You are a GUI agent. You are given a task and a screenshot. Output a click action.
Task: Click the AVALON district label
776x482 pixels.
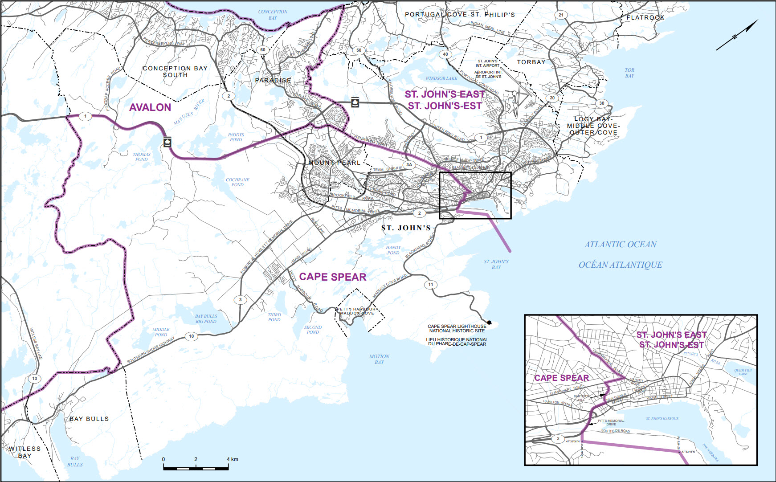(150, 107)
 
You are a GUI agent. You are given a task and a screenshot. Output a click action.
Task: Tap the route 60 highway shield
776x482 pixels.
(263, 50)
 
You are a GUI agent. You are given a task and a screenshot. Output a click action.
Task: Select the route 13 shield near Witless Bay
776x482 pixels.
(34, 379)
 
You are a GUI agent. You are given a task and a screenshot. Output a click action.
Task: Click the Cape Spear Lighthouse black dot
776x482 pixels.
(489, 323)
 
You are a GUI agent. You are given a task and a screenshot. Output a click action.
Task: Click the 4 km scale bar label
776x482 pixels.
(232, 459)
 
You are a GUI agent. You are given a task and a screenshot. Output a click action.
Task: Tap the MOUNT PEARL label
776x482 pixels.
(334, 163)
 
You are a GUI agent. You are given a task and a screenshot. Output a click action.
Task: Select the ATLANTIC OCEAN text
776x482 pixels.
(621, 245)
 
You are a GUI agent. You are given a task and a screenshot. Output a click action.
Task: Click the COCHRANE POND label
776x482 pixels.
(237, 182)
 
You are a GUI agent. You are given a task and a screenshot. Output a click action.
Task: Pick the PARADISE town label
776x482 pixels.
(273, 81)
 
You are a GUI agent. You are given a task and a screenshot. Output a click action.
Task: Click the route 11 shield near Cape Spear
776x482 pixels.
(430, 284)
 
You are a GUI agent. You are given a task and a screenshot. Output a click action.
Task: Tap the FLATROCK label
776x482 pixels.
(645, 18)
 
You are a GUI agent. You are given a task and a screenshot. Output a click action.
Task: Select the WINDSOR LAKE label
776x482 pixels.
(441, 78)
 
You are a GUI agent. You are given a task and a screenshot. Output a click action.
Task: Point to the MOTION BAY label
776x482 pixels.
(379, 359)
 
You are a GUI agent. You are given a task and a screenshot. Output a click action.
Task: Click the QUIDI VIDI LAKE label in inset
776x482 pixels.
(743, 372)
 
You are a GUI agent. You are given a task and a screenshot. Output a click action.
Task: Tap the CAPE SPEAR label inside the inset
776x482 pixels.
(561, 378)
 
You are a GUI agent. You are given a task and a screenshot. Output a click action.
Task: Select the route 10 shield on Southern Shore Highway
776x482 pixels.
(192, 336)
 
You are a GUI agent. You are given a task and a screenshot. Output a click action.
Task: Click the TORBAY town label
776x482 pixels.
(531, 62)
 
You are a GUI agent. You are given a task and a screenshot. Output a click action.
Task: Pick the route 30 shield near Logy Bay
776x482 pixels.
(601, 103)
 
